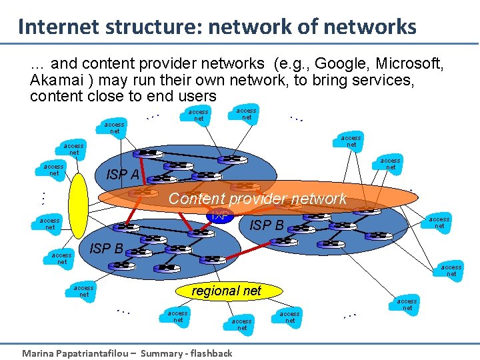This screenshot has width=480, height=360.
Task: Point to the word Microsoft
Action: pyautogui.click(x=409, y=64)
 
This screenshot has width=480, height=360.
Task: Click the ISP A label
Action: pyautogui.click(x=123, y=175)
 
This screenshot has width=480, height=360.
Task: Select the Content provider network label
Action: pyautogui.click(x=257, y=199)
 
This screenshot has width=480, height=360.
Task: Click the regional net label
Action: pyautogui.click(x=226, y=291)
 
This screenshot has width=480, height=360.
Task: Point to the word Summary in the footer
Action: pyautogui.click(x=163, y=353)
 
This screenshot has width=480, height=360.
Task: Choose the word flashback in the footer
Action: pyautogui.click(x=211, y=353)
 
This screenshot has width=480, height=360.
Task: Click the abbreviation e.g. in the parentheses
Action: pyautogui.click(x=290, y=64)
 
